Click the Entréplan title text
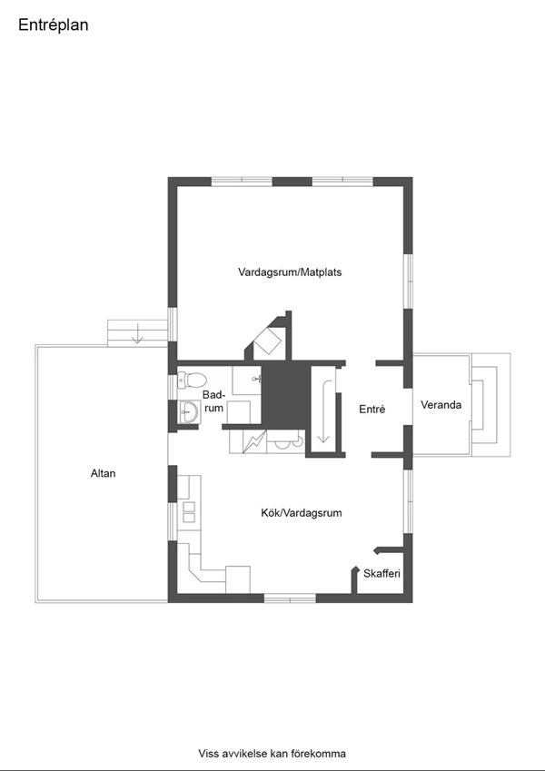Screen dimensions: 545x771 pyautogui.click(x=53, y=25)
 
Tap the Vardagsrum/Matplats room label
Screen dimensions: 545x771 pyautogui.click(x=290, y=272)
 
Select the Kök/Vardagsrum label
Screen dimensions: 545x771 pyautogui.click(x=301, y=513)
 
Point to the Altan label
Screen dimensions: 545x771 pyautogui.click(x=104, y=473)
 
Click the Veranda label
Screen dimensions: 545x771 pyautogui.click(x=441, y=405)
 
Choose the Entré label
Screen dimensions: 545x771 pyautogui.click(x=372, y=409)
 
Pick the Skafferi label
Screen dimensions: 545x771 pyautogui.click(x=381, y=573)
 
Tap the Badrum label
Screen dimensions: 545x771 pyautogui.click(x=213, y=401)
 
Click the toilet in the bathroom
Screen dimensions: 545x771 pyautogui.click(x=192, y=379)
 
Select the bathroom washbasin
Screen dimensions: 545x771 pyautogui.click(x=188, y=411)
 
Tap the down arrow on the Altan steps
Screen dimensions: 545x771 pyautogui.click(x=137, y=333)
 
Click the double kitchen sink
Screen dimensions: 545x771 pyautogui.click(x=189, y=512)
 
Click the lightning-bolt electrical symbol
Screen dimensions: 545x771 pyautogui.click(x=254, y=441)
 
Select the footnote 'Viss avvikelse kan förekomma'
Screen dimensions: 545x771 pyautogui.click(x=272, y=754)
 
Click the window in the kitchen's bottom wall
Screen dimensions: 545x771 pyautogui.click(x=290, y=598)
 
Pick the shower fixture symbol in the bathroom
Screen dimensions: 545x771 pyautogui.click(x=256, y=379)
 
